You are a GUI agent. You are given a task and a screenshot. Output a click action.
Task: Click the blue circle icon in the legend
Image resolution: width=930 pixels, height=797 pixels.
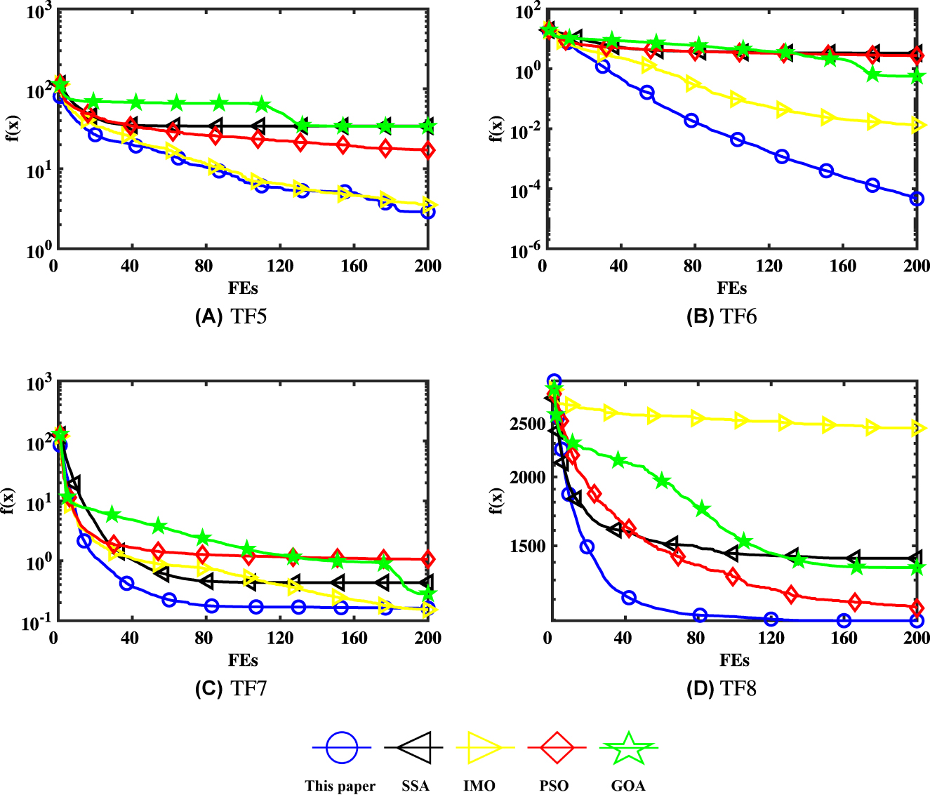point(342,748)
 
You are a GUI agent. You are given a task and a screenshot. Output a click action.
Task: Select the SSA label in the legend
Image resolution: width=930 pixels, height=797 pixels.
point(415,786)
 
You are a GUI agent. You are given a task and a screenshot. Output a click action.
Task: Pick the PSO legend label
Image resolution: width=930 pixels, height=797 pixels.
point(554,786)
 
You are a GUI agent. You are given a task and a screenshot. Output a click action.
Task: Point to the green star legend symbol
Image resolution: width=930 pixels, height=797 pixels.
point(628,748)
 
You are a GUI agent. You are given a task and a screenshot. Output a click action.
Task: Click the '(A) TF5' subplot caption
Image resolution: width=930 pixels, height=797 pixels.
point(230,317)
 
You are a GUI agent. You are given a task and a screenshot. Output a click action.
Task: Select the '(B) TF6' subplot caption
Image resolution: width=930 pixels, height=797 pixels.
point(721,317)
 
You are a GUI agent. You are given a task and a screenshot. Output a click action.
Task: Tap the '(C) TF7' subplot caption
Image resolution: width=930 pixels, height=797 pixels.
point(230,689)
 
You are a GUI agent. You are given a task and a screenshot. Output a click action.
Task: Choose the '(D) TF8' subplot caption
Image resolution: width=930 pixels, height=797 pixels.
point(721,689)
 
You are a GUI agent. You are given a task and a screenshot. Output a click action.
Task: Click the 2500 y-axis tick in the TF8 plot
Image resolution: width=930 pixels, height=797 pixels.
point(528,424)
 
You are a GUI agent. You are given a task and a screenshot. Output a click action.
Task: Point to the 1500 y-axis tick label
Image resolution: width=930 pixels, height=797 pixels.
point(528,546)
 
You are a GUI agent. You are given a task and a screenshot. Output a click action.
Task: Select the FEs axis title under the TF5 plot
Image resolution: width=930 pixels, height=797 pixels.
point(243,288)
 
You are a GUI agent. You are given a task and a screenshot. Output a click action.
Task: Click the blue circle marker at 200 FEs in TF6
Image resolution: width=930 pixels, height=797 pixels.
point(916,199)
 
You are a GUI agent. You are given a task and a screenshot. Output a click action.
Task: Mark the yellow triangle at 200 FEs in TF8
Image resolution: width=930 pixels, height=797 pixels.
point(917,428)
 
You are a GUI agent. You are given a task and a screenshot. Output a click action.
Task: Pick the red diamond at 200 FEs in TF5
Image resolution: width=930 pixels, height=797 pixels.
point(427,150)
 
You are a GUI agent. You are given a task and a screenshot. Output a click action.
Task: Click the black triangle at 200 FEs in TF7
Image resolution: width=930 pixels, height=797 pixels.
point(426,582)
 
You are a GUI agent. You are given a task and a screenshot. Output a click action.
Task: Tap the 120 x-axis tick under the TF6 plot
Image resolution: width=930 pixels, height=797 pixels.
point(769,266)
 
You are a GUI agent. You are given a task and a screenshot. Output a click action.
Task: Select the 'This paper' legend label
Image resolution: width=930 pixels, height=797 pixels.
point(340,786)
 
